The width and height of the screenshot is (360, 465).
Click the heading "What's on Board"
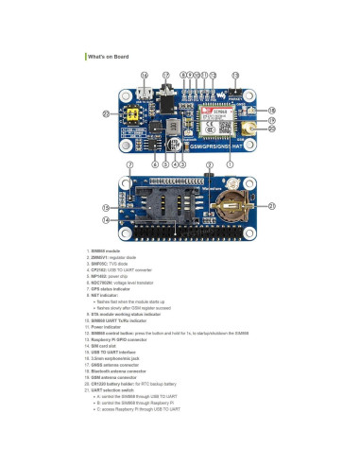pyautogui.click(x=109, y=59)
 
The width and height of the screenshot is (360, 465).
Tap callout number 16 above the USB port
pyautogui.click(x=144, y=75)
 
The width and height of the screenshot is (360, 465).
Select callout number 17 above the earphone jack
pyautogui.click(x=165, y=75)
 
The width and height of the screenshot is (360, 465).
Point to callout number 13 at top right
pyautogui.click(x=235, y=75)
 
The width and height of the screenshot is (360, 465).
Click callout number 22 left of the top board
pyautogui.click(x=107, y=113)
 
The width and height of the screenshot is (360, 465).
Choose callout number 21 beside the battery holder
pyautogui.click(x=271, y=205)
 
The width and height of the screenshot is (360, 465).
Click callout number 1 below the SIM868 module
pyautogui.click(x=230, y=164)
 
